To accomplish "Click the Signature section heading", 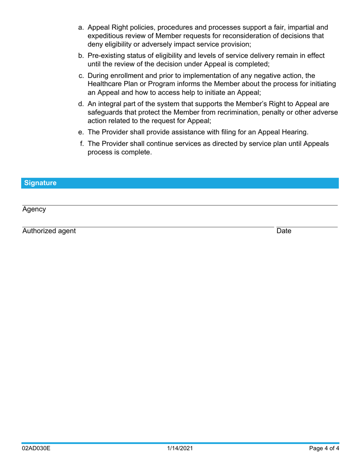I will click(x=40, y=183).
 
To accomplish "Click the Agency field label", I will click(x=34, y=210).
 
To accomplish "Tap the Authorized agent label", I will click(x=49, y=231).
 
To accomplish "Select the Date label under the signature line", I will click(x=284, y=231).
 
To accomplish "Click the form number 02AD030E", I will click(x=36, y=449).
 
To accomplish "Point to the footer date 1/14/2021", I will click(x=180, y=449).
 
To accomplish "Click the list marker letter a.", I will click(x=81, y=28).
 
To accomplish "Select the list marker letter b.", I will click(x=81, y=56).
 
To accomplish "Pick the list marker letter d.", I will click(x=81, y=104).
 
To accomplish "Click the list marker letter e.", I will click(x=81, y=132).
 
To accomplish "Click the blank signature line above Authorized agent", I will click(x=148, y=227).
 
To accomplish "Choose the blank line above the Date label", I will click(x=307, y=227).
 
